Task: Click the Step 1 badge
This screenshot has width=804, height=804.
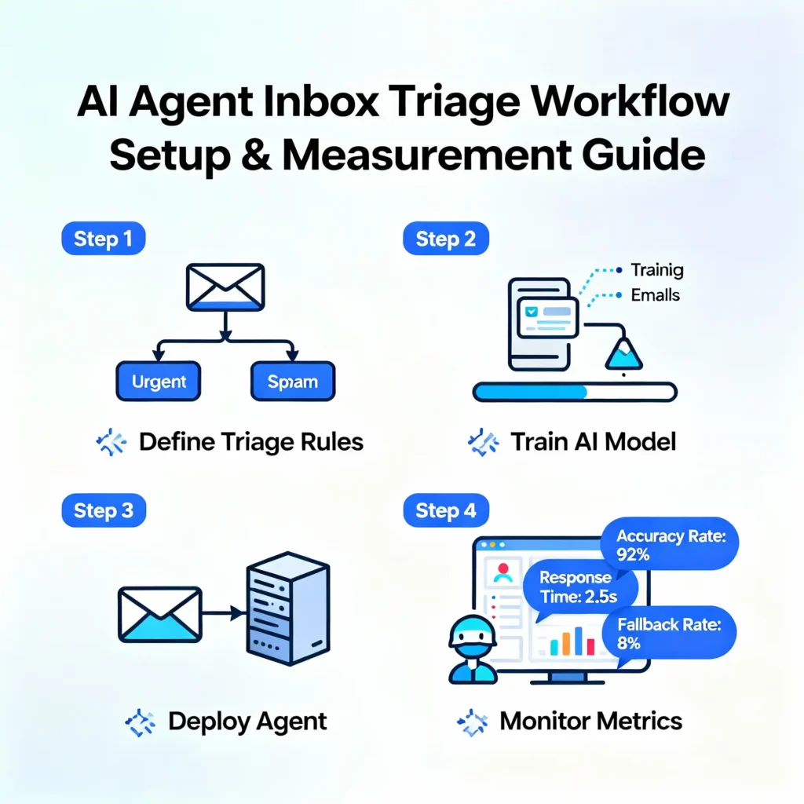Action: [x=103, y=239]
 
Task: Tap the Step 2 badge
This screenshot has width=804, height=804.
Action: [x=445, y=239]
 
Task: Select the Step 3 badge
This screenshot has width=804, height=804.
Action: [x=103, y=511]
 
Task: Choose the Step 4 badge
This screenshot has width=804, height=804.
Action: [x=445, y=511]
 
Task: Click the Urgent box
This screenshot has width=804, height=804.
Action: [x=159, y=383]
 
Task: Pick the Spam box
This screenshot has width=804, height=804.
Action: [x=292, y=383]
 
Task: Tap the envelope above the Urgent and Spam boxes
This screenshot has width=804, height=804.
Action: [x=225, y=287]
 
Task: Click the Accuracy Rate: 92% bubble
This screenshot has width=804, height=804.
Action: [x=669, y=546]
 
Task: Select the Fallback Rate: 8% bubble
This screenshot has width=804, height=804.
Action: [x=668, y=633]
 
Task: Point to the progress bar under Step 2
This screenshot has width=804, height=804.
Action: [x=574, y=391]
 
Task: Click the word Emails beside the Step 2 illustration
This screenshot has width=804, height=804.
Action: [x=655, y=296]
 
